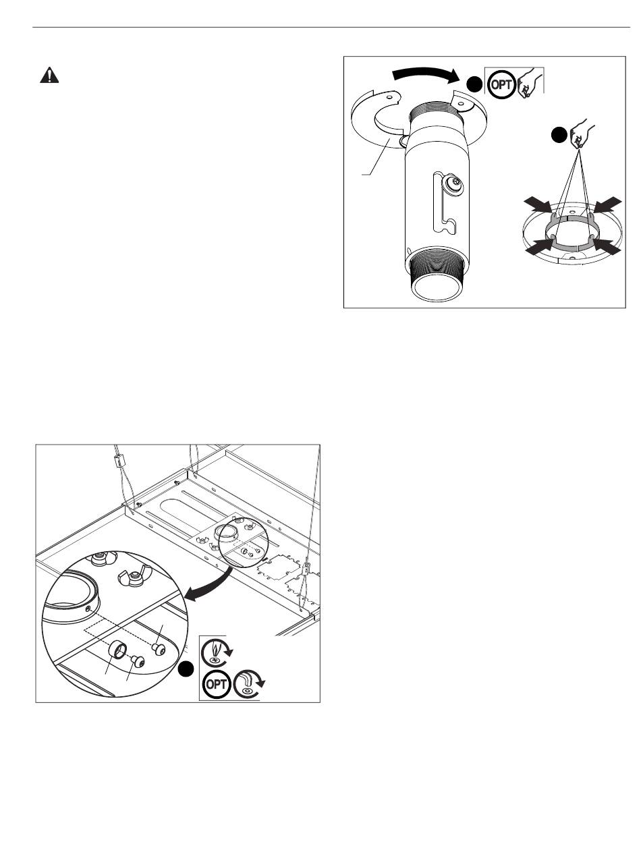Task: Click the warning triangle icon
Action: [49, 75]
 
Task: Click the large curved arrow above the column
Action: [426, 74]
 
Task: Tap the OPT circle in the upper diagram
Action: [501, 84]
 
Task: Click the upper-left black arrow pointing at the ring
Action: [538, 204]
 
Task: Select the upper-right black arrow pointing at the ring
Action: [607, 204]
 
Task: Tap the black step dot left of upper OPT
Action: [474, 84]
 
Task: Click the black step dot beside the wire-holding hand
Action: [559, 136]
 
